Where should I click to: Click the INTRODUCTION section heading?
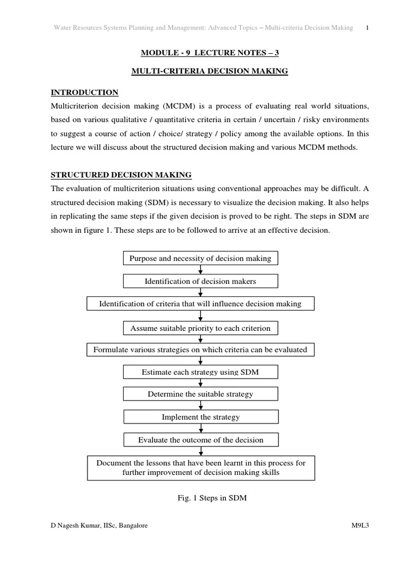[85, 92]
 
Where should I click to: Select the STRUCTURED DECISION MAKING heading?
[121, 175]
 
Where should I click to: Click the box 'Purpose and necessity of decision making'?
[201, 258]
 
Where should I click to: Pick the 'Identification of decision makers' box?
[201, 281]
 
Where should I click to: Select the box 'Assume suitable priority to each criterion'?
[201, 328]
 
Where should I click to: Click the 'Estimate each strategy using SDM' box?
[201, 372]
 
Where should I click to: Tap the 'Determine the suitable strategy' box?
[201, 394]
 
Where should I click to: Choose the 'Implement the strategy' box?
[201, 417]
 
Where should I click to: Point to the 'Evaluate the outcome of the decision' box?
[201, 439]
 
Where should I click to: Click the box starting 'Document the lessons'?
[201, 467]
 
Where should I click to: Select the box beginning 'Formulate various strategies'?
[201, 349]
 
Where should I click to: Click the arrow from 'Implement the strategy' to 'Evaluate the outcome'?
[201, 428]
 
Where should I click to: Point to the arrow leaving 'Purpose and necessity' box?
[201, 270]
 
